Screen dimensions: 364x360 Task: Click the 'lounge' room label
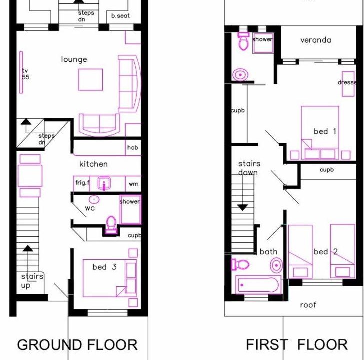tap(74, 59)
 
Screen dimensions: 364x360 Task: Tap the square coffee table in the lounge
tap(90, 79)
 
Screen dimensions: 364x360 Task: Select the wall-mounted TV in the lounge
tap(21, 72)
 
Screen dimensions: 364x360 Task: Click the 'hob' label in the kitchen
tap(132, 147)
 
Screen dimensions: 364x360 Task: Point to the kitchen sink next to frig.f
tap(104, 183)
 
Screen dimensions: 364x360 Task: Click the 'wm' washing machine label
tap(133, 184)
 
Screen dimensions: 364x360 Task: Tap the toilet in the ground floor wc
tap(111, 224)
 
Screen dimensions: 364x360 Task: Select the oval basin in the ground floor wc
tap(94, 199)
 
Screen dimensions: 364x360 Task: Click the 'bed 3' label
tap(104, 267)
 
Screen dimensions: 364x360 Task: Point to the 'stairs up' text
tap(32, 281)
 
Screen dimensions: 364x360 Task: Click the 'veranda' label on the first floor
tap(315, 40)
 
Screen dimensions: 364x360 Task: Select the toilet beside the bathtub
tap(240, 264)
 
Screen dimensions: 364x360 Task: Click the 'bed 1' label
tap(325, 132)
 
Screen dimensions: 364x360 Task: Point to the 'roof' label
tap(308, 305)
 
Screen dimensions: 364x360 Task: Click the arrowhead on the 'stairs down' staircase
tap(243, 208)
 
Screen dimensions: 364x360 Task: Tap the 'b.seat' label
tap(120, 16)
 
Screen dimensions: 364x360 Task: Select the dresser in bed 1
tap(348, 84)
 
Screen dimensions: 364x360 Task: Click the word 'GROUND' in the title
tap(49, 345)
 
